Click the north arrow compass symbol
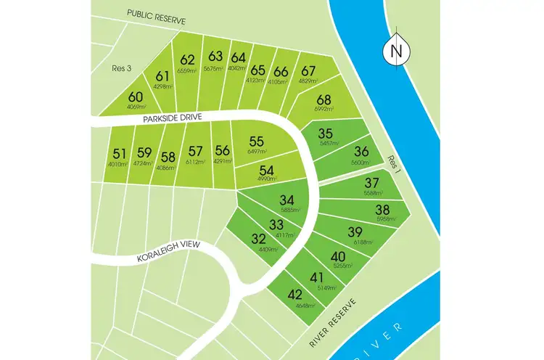click(x=395, y=52)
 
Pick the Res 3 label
click(x=120, y=70)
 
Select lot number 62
click(x=188, y=60)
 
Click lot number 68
click(x=323, y=100)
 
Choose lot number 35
click(x=325, y=134)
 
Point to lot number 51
click(x=120, y=153)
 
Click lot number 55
click(x=256, y=142)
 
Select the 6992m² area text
click(x=323, y=109)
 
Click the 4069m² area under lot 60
click(x=136, y=107)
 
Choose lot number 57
click(x=195, y=151)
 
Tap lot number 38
click(x=382, y=210)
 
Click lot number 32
click(x=259, y=239)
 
